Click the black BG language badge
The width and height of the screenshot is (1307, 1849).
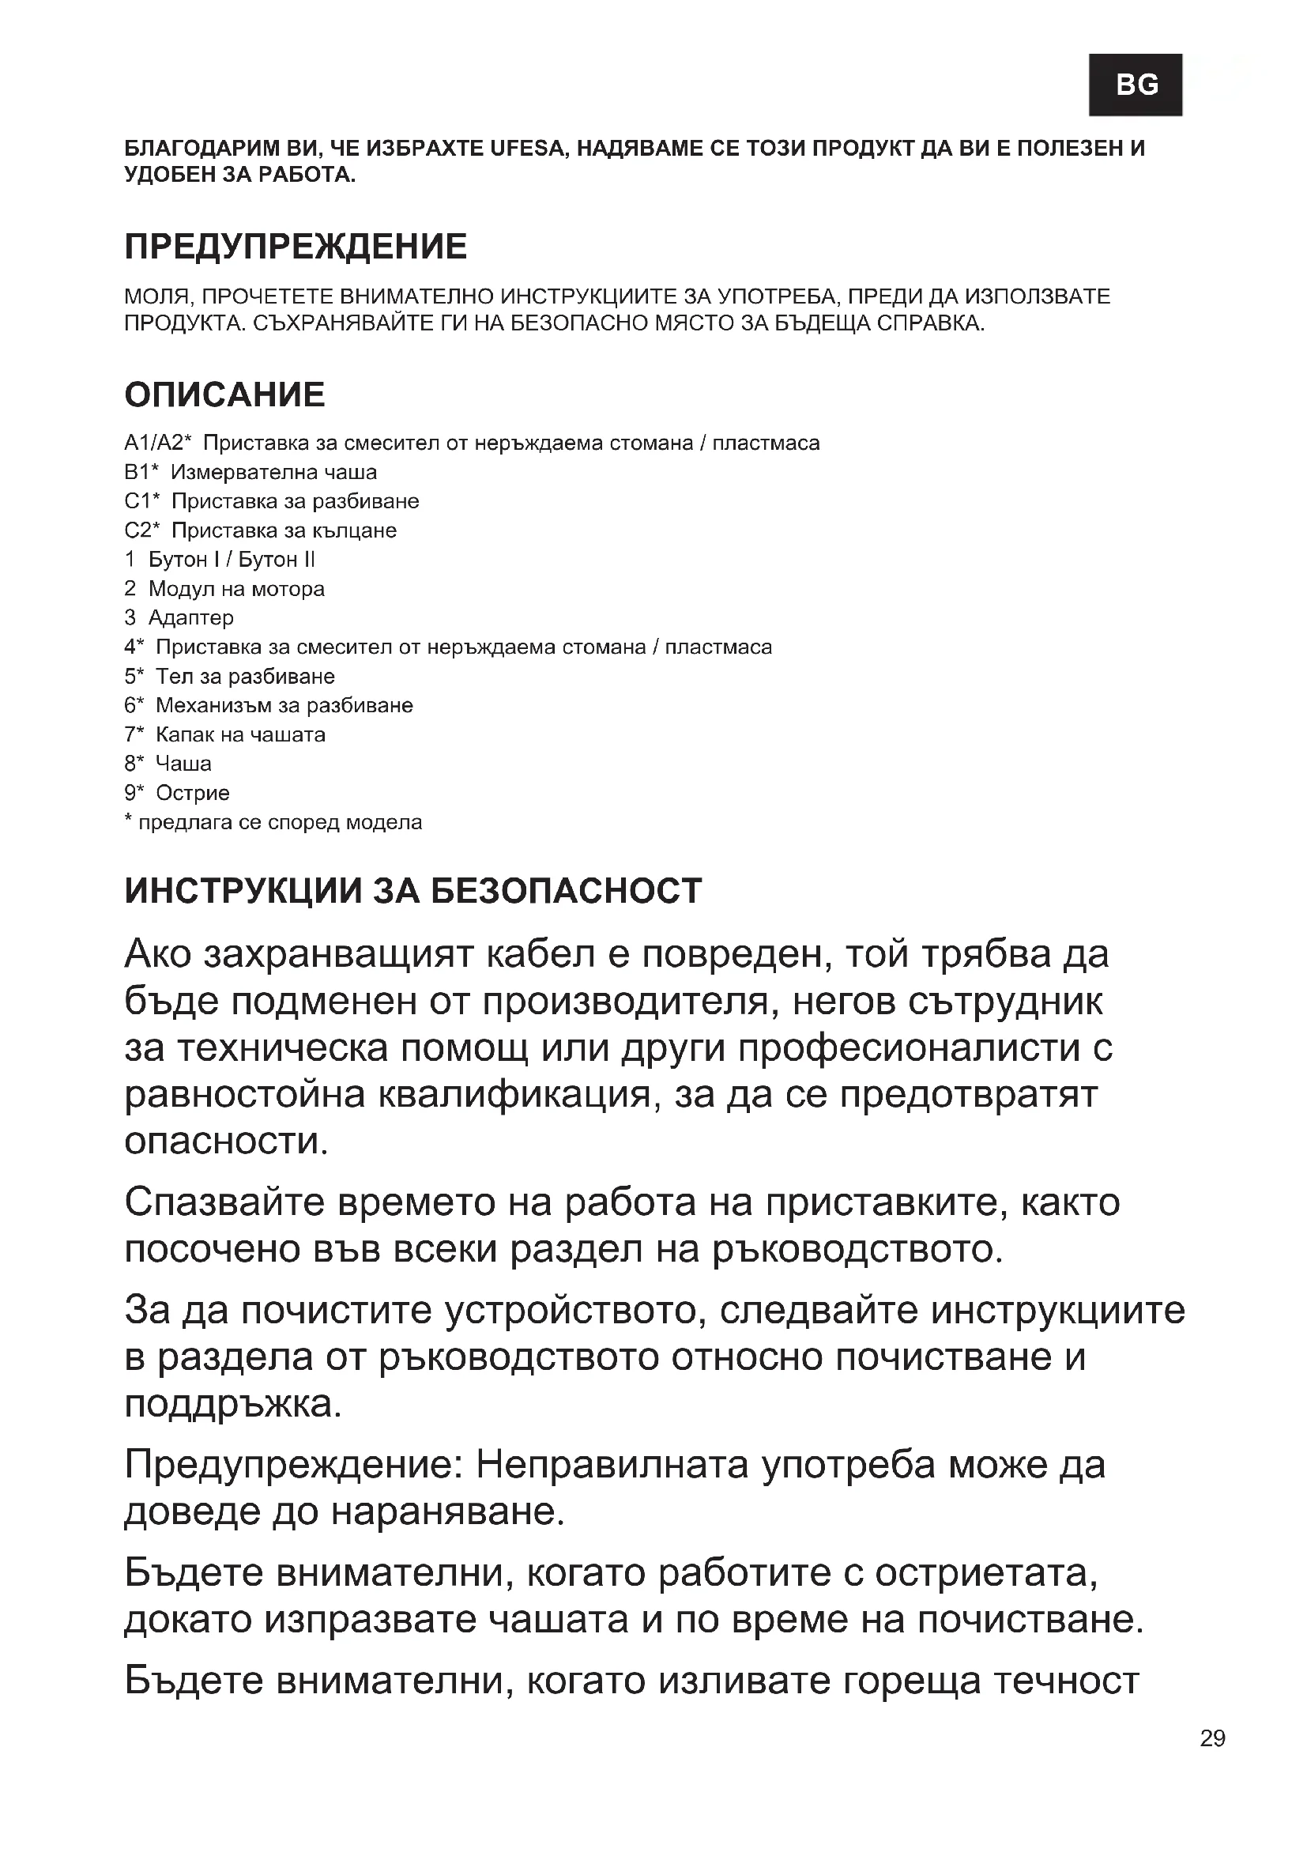[1136, 84]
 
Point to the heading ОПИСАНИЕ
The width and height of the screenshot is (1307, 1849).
[224, 394]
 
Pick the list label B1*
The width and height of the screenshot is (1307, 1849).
[141, 472]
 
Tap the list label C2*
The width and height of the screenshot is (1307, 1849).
[142, 530]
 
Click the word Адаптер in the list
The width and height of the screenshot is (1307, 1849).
[190, 617]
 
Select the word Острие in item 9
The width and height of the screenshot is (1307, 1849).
[192, 793]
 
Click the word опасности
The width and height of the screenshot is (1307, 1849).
[226, 1141]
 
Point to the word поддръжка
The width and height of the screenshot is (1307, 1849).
[233, 1404]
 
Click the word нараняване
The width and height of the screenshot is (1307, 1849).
[448, 1511]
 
